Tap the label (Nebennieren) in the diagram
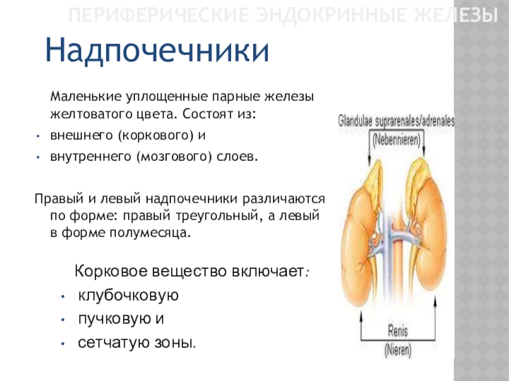coord(396,140)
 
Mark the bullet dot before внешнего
coord(38,137)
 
